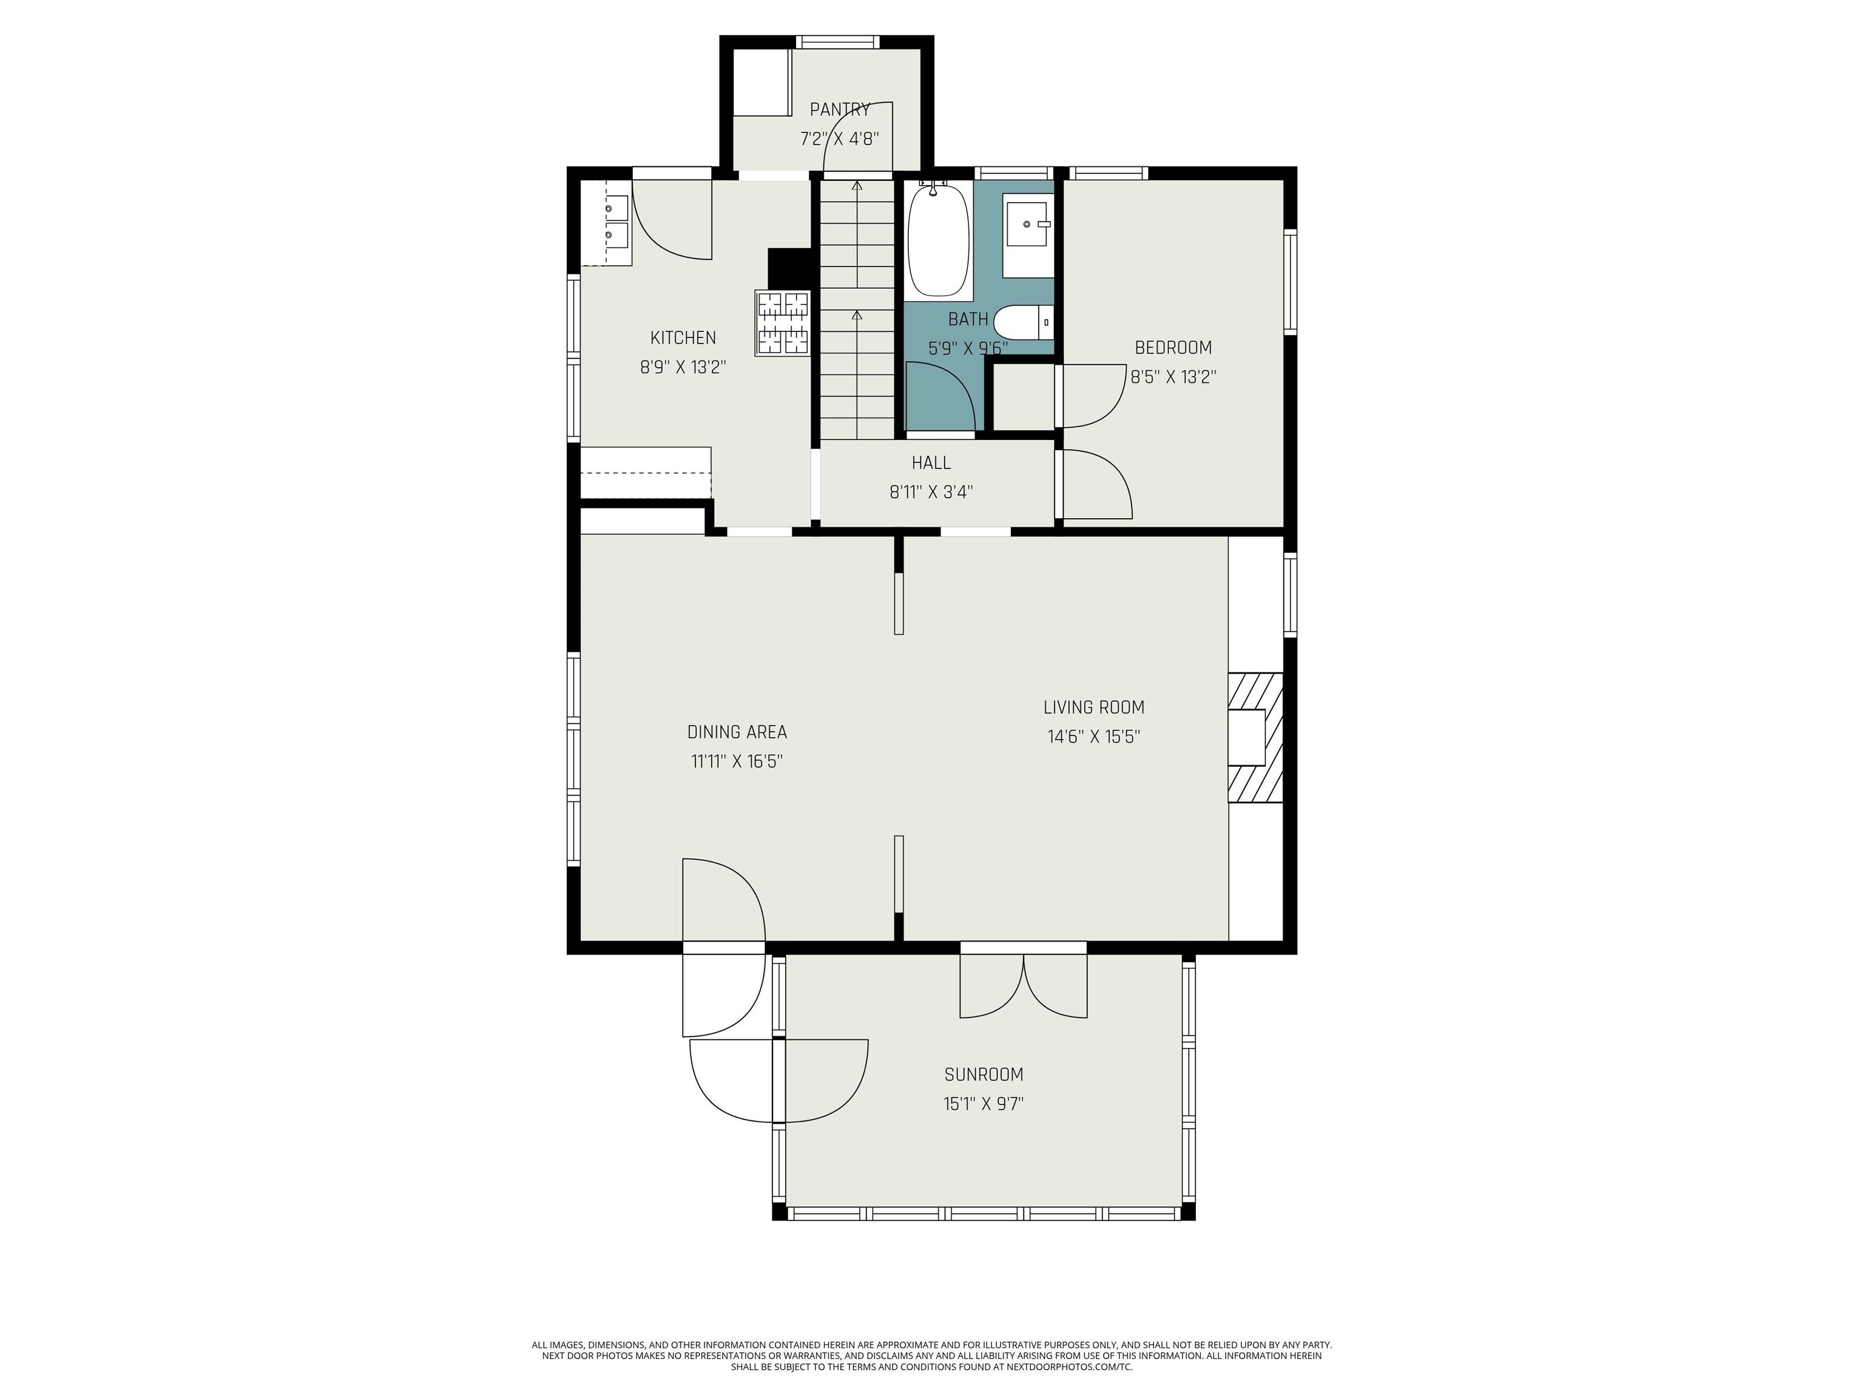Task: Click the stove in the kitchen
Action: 783,323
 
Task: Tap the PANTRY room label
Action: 839,110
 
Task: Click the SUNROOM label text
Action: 984,1075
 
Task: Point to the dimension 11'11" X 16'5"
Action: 737,761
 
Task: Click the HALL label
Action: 931,462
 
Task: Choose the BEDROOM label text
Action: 1173,347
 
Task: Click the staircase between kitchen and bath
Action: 857,309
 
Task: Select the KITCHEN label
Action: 683,338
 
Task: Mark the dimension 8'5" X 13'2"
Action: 1173,377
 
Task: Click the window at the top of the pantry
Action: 837,41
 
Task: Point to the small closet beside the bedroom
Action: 1023,397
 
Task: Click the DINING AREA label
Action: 737,732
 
